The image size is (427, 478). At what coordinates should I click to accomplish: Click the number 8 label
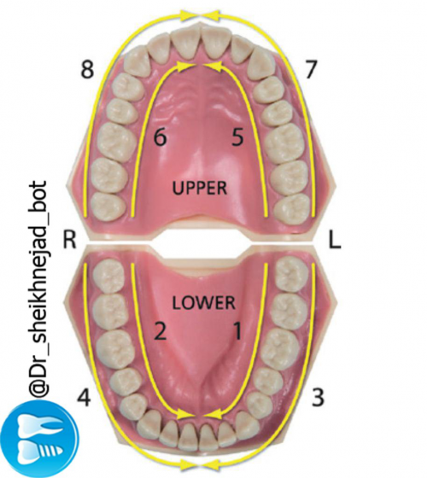[87, 69]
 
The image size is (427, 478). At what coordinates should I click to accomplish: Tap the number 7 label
[311, 69]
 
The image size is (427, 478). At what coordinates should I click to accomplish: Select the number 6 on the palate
[161, 137]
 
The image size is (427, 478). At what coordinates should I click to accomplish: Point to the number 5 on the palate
[238, 137]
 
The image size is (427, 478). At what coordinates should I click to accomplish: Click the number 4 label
[84, 397]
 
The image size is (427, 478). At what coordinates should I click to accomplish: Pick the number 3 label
[318, 397]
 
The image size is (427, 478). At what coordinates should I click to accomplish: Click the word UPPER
[200, 188]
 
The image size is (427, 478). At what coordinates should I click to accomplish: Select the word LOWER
[204, 303]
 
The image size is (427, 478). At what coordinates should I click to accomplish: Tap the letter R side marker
[69, 239]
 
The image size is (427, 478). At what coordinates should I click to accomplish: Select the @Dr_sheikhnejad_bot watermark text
[38, 289]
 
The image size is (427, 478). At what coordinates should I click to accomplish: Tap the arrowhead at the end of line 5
[213, 67]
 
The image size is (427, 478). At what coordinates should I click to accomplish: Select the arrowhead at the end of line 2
[186, 414]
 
